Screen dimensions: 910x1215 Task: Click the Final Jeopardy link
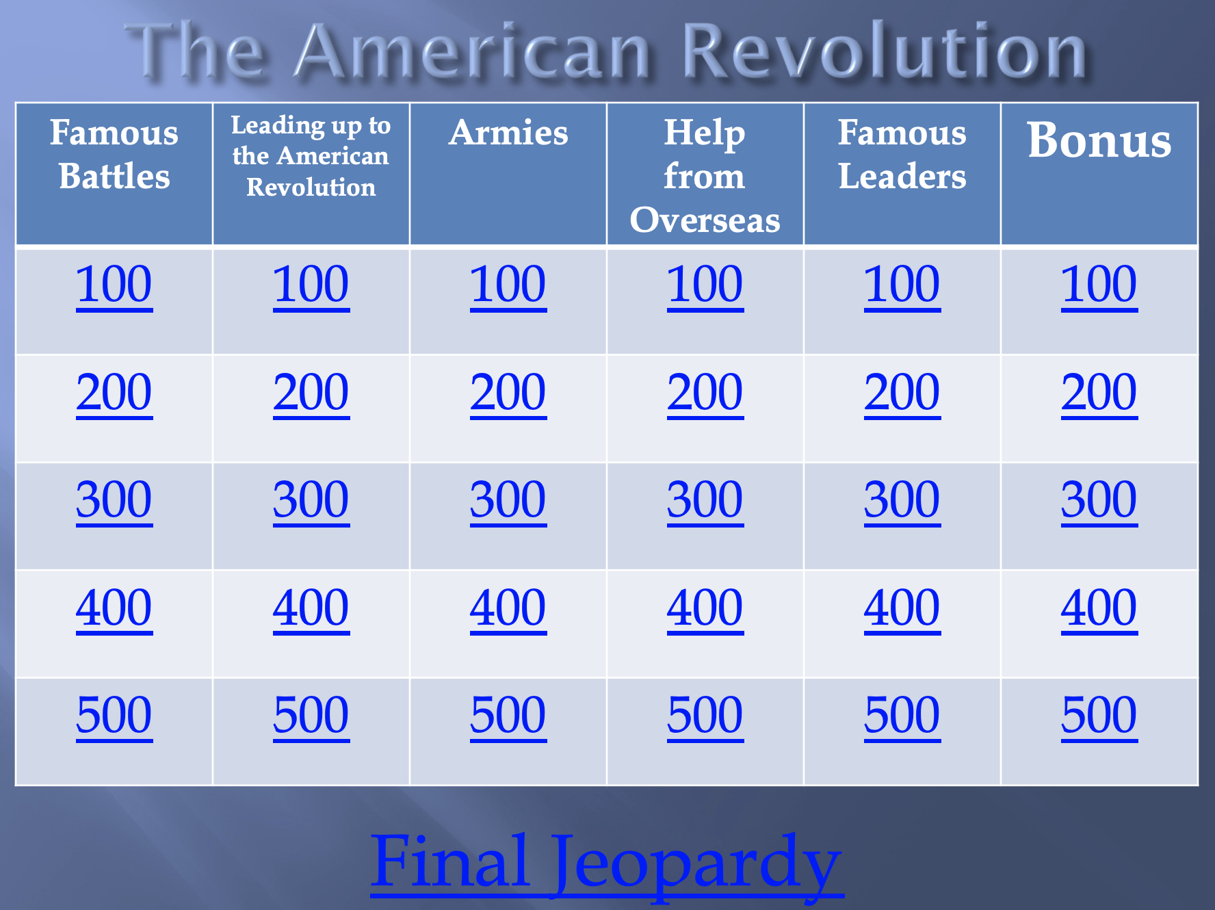[607, 862]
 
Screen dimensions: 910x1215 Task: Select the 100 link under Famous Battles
[114, 285]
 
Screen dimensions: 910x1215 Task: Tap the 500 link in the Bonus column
[1099, 716]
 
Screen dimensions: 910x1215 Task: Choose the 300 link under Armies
[508, 500]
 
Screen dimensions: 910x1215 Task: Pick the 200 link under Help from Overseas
[705, 393]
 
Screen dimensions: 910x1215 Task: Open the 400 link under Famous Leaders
[902, 608]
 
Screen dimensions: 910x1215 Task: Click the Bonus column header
[1099, 140]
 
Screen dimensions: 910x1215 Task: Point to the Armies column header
[508, 133]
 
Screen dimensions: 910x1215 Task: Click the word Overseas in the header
[705, 220]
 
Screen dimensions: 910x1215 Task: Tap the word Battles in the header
[114, 177]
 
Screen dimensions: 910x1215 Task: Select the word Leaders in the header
[902, 177]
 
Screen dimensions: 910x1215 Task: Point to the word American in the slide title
[473, 52]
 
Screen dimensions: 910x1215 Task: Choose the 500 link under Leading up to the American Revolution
[311, 716]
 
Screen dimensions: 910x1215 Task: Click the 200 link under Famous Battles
[114, 393]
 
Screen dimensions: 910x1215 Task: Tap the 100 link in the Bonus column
[1099, 285]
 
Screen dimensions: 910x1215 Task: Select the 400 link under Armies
[508, 608]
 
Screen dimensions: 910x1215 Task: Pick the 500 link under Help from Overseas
[705, 716]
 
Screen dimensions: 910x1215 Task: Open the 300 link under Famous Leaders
[902, 500]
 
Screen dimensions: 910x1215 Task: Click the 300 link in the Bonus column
[1099, 500]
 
